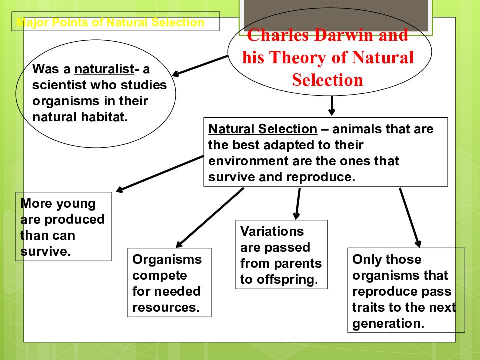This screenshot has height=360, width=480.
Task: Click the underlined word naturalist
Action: click(x=104, y=69)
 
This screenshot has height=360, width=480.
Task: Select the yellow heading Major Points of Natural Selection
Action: click(x=110, y=22)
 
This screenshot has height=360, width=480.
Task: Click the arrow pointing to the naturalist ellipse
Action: click(x=200, y=65)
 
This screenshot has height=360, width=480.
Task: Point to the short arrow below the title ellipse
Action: click(x=332, y=106)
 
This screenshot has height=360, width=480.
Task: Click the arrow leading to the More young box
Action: click(x=160, y=174)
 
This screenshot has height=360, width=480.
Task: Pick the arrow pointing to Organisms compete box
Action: click(x=210, y=218)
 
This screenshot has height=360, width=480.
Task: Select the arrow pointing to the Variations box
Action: click(x=298, y=204)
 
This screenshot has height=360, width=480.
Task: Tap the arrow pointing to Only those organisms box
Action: click(x=410, y=217)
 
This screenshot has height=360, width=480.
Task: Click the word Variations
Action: click(x=272, y=231)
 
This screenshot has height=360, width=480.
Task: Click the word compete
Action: click(x=160, y=276)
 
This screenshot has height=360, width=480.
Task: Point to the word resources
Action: click(x=166, y=307)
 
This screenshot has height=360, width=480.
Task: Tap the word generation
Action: click(x=388, y=324)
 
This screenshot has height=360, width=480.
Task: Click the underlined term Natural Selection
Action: click(x=263, y=129)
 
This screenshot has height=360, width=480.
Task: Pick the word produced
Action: click(x=75, y=220)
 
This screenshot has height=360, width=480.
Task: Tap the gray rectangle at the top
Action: click(x=336, y=15)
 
